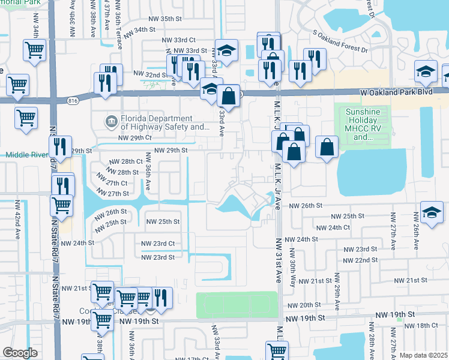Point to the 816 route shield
[73, 100]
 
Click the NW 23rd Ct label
[157, 244]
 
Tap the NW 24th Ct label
[333, 227]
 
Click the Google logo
[20, 353]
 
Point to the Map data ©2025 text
[423, 355]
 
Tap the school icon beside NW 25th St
[432, 214]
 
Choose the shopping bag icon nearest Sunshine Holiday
[327, 147]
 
